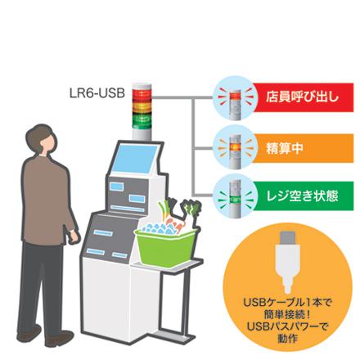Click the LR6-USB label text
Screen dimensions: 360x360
point(97,93)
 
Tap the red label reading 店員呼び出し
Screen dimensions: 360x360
point(303,97)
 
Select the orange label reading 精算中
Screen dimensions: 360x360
point(303,148)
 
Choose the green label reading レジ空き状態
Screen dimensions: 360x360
point(303,196)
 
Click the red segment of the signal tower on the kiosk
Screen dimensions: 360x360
point(142,94)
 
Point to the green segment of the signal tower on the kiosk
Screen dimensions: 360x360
point(142,120)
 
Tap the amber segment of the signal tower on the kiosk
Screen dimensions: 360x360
point(142,107)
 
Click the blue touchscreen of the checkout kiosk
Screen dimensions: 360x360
point(135,159)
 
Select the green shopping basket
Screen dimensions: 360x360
point(165,247)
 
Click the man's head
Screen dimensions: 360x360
point(40,140)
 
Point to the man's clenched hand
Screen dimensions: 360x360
point(74,237)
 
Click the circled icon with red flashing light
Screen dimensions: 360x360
point(234,97)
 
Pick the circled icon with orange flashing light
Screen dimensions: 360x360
point(234,148)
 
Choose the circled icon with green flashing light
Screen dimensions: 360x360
point(234,196)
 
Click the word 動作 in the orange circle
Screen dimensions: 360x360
point(287,339)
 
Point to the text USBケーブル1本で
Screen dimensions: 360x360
point(287,303)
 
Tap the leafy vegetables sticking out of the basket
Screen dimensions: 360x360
point(181,211)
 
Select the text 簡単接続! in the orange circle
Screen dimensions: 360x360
point(287,314)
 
